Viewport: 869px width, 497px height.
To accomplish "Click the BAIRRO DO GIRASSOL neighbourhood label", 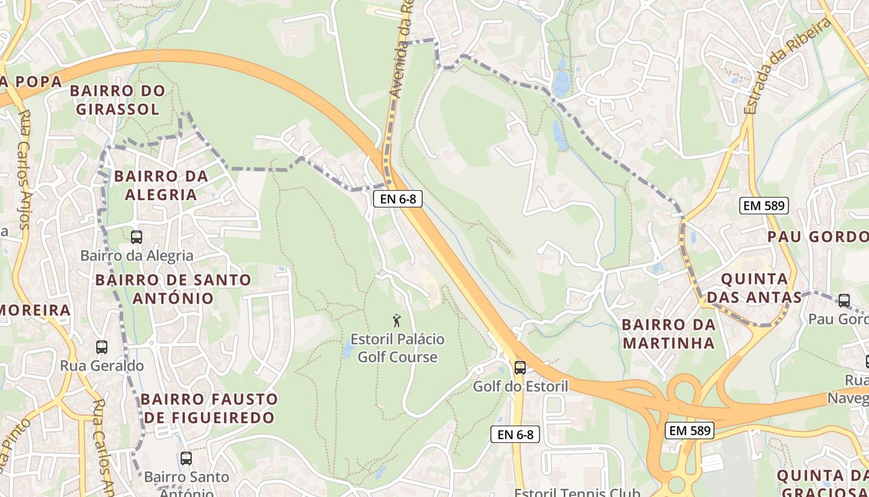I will [x=117, y=99].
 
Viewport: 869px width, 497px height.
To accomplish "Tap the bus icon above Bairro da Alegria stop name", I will [x=136, y=237].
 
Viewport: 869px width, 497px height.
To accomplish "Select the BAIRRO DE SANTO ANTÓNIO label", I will [x=173, y=288].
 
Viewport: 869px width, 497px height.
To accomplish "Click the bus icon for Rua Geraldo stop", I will [x=101, y=347].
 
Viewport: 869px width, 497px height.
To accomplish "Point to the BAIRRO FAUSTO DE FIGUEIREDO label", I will [x=209, y=408].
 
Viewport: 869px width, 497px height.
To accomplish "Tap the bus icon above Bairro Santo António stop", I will [x=186, y=458].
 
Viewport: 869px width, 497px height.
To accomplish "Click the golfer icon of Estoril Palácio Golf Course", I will [x=397, y=321].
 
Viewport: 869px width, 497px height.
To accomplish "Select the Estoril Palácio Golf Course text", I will [x=397, y=348].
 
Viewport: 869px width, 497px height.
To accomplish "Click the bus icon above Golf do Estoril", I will [x=520, y=367].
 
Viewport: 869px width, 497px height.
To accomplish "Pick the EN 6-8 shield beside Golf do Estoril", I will [x=515, y=434].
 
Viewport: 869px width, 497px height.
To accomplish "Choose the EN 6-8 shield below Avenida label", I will [x=398, y=199].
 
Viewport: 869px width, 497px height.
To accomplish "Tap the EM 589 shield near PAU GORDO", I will [x=763, y=206].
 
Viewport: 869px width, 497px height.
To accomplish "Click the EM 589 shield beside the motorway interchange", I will [x=689, y=430].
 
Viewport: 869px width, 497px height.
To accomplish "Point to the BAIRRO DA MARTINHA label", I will [x=669, y=334].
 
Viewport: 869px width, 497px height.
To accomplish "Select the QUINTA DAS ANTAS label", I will [x=754, y=288].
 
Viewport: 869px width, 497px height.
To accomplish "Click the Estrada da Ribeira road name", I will [x=787, y=67].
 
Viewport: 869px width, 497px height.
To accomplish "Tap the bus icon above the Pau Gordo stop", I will [x=844, y=301].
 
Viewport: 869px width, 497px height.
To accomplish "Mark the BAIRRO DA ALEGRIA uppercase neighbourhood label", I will [x=161, y=185].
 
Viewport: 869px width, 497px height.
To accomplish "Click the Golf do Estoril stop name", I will [x=520, y=386].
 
